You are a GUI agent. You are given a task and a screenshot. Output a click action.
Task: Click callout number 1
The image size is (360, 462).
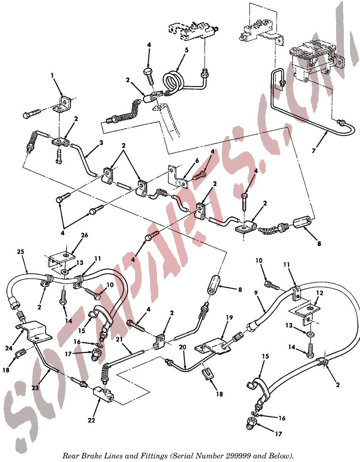click(x=52, y=76)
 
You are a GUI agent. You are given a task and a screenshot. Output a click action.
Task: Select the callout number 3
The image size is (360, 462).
click(x=101, y=143)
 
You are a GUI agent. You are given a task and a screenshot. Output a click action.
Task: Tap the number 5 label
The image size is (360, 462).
click(x=186, y=50)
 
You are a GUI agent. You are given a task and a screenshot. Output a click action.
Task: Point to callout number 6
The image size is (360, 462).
click(x=197, y=161)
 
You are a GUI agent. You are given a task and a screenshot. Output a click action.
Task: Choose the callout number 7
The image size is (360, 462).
click(x=314, y=151)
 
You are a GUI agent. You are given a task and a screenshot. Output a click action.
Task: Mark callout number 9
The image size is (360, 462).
click(x=256, y=293)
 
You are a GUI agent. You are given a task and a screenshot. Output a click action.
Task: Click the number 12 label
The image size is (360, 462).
click(x=320, y=293)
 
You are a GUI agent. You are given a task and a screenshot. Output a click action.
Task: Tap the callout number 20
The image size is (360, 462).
click(x=183, y=347)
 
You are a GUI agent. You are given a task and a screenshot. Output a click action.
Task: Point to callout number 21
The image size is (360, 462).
click(x=119, y=339)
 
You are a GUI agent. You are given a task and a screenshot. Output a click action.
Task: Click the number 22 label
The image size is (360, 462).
click(x=91, y=420)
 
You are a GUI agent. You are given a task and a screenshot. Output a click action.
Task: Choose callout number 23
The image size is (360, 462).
click(x=35, y=388)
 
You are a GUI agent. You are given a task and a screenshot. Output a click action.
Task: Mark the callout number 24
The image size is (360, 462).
click(x=9, y=348)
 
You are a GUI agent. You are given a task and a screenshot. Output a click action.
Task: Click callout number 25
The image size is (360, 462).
click(x=21, y=252)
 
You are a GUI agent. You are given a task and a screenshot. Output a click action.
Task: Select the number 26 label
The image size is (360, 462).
click(x=84, y=235)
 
